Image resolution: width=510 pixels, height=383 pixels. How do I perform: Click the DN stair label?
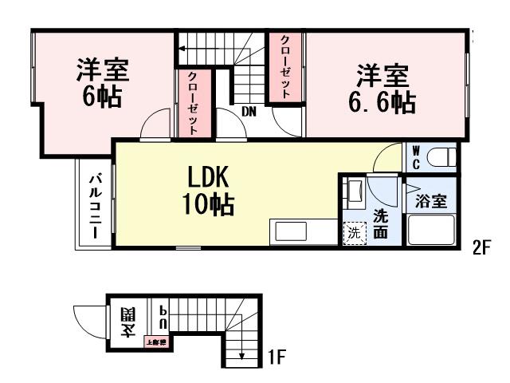coord(249,112)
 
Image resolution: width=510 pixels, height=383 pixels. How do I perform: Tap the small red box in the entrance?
coord(155,343)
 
